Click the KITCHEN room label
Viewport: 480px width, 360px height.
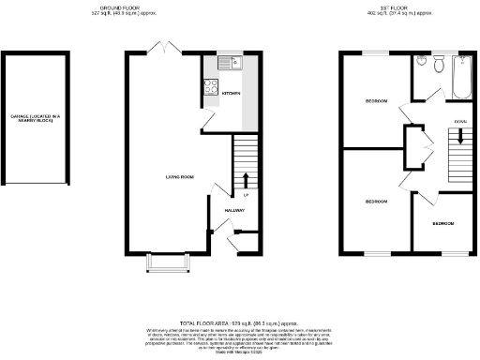pyautogui.click(x=230, y=93)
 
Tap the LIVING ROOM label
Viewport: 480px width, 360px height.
pyautogui.click(x=179, y=176)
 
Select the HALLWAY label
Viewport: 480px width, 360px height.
pyautogui.click(x=233, y=210)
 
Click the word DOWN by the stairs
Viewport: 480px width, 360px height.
pyautogui.click(x=460, y=122)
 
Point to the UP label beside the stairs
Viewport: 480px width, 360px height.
pyautogui.click(x=246, y=195)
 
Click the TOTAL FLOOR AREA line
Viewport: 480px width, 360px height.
pyautogui.click(x=240, y=322)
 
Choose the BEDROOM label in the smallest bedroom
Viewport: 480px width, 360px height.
pyautogui.click(x=443, y=223)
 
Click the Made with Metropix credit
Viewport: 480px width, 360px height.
pyautogui.click(x=240, y=352)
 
